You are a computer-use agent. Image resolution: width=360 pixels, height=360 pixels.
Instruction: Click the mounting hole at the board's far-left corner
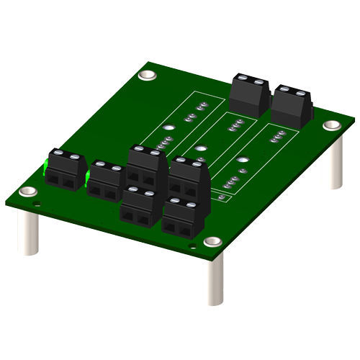coord(28,192)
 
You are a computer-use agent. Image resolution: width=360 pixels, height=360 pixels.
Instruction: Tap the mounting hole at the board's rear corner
coord(148,74)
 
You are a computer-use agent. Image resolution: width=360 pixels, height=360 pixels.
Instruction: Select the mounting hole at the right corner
coord(331,125)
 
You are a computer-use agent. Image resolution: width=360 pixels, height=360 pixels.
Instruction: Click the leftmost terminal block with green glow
coord(63,171)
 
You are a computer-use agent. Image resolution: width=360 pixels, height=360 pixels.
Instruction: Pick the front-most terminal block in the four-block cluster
coord(180,219)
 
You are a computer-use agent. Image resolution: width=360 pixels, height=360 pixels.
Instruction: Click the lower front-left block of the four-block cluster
coord(139,205)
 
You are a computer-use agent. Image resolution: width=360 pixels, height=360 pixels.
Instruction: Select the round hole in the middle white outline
coord(202,150)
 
